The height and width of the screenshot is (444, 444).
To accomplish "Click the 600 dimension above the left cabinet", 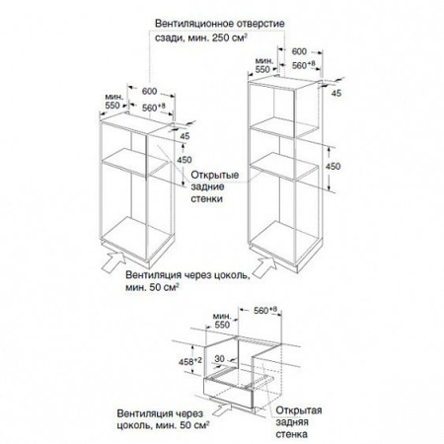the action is [149, 91].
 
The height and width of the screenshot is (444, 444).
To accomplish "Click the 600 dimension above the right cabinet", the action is [299, 51].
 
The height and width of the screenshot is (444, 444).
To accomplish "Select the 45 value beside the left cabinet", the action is [185, 135].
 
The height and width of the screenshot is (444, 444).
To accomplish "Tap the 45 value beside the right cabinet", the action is [336, 94].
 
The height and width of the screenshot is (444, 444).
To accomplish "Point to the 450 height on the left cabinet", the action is [185, 160].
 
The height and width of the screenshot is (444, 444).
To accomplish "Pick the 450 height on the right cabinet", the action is [333, 167].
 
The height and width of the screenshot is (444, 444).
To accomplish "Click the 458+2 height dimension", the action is [190, 361].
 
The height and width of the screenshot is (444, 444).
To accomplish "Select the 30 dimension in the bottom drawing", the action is [219, 359].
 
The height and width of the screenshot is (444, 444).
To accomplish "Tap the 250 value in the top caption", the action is [221, 37].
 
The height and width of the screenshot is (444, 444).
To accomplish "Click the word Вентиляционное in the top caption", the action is [189, 24].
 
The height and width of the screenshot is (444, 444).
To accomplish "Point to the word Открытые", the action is [215, 175].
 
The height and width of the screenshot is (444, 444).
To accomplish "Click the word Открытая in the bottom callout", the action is [299, 410].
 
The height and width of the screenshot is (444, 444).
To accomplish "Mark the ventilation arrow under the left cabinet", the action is [113, 260].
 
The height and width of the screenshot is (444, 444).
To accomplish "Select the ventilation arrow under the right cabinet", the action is [264, 267].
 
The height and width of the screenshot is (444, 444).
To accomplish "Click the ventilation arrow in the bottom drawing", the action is [222, 409].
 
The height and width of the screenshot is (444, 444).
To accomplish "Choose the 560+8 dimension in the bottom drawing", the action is [265, 311].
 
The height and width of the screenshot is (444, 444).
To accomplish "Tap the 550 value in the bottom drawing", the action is [222, 325].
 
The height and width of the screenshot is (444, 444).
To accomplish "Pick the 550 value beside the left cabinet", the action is [112, 106].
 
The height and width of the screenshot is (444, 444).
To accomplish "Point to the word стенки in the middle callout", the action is [206, 199].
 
